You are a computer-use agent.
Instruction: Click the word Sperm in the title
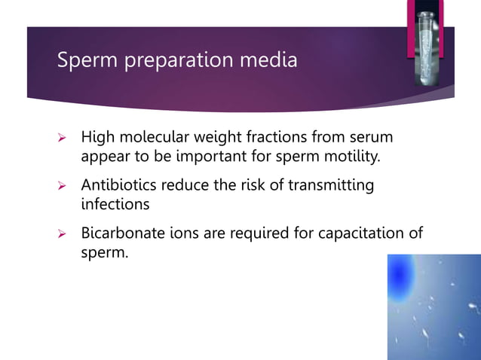[83, 59]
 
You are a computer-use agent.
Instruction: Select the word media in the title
[271, 59]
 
